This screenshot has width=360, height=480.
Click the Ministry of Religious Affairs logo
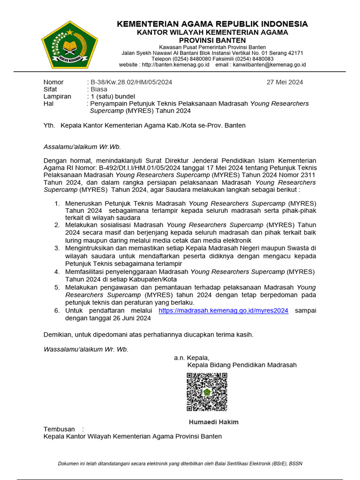69,45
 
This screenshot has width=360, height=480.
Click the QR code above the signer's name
207,392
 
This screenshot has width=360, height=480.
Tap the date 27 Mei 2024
285,82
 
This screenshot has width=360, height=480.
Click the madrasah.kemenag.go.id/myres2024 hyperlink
223,310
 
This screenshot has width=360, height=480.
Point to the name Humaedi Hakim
213,422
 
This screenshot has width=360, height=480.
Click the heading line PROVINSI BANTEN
212,40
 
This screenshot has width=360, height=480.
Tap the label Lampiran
57,96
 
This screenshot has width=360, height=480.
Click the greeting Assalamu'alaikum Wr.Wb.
82,146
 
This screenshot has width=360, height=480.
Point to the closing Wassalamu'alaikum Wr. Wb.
85,349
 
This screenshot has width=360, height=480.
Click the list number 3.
57,247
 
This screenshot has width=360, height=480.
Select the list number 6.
57,310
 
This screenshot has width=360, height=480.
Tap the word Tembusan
59,429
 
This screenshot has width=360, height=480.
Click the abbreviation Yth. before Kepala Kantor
49,125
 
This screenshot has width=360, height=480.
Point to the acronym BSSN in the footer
296,464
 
